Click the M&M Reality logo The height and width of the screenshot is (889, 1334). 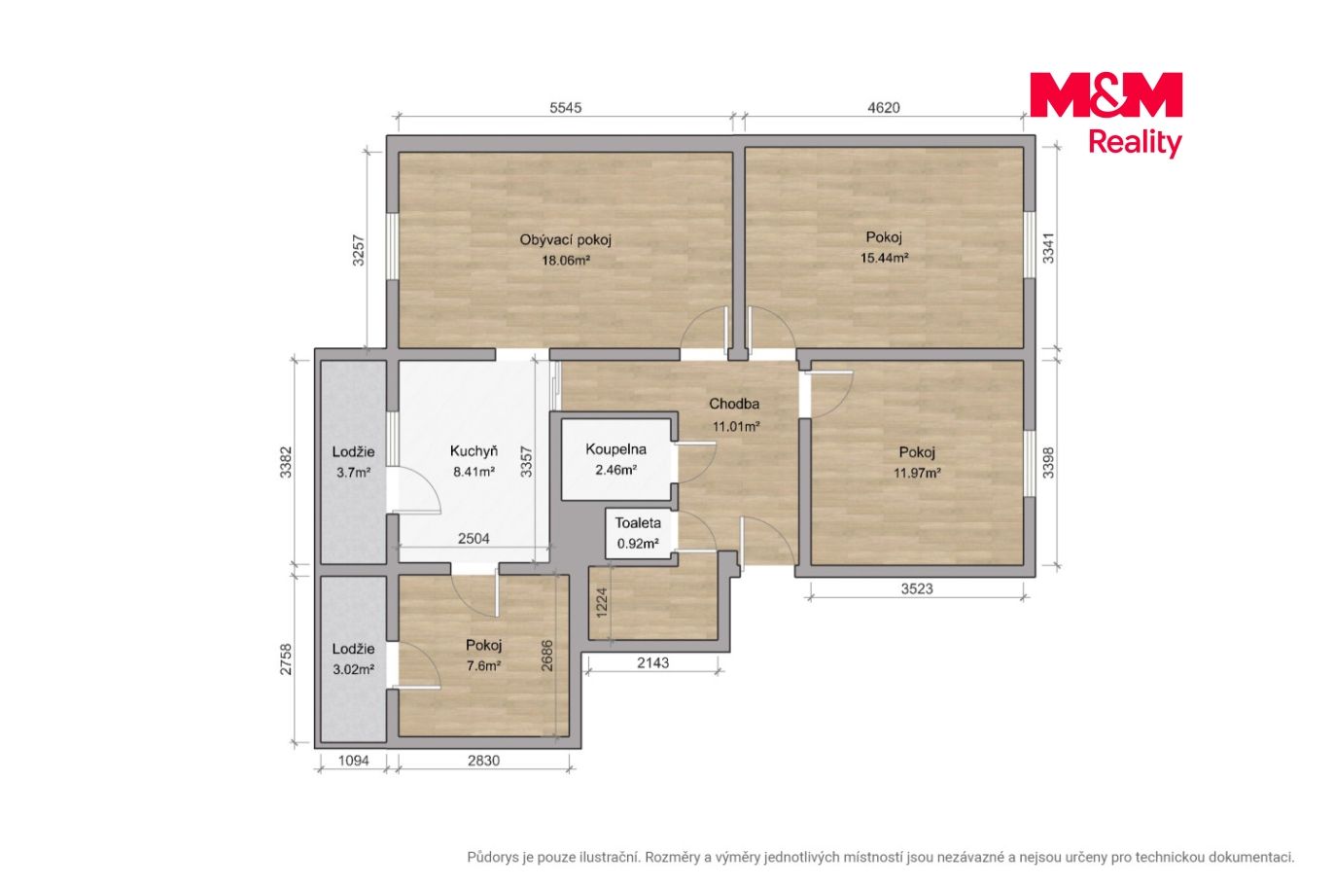coord(1106,115)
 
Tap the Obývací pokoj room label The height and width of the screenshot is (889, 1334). coord(565,240)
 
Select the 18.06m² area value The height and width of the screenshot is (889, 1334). coord(565,261)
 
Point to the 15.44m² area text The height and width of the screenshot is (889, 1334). coord(884,258)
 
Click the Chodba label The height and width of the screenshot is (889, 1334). coord(734,404)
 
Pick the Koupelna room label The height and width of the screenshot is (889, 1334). coord(615,449)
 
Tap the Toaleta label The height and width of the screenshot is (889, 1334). coord(637,523)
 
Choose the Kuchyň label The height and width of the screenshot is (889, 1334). coord(474,451)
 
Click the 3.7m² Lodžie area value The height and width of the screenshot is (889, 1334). coord(353,473)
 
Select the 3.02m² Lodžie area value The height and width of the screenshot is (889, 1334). coord(353,669)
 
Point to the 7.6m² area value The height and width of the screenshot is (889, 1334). coord(483,665)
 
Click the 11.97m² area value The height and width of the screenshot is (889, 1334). coord(917,473)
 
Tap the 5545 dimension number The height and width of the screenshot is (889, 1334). coord(565,108)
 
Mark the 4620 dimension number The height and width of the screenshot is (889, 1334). coord(883,108)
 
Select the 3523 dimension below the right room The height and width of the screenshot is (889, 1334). coord(917,589)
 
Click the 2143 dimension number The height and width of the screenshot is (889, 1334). coord(652,663)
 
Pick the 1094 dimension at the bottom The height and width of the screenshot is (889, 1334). coord(353,761)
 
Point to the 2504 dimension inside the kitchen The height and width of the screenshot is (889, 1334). coord(474,539)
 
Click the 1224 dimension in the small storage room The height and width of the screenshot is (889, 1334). coord(602,603)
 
